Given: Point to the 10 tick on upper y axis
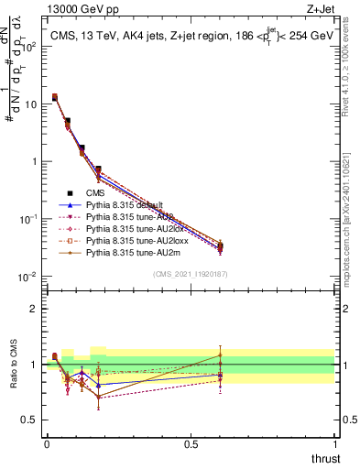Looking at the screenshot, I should tap(30, 104).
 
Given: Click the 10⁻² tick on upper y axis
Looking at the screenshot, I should tap(27, 277).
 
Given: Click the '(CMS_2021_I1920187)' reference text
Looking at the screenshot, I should tap(191, 274).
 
